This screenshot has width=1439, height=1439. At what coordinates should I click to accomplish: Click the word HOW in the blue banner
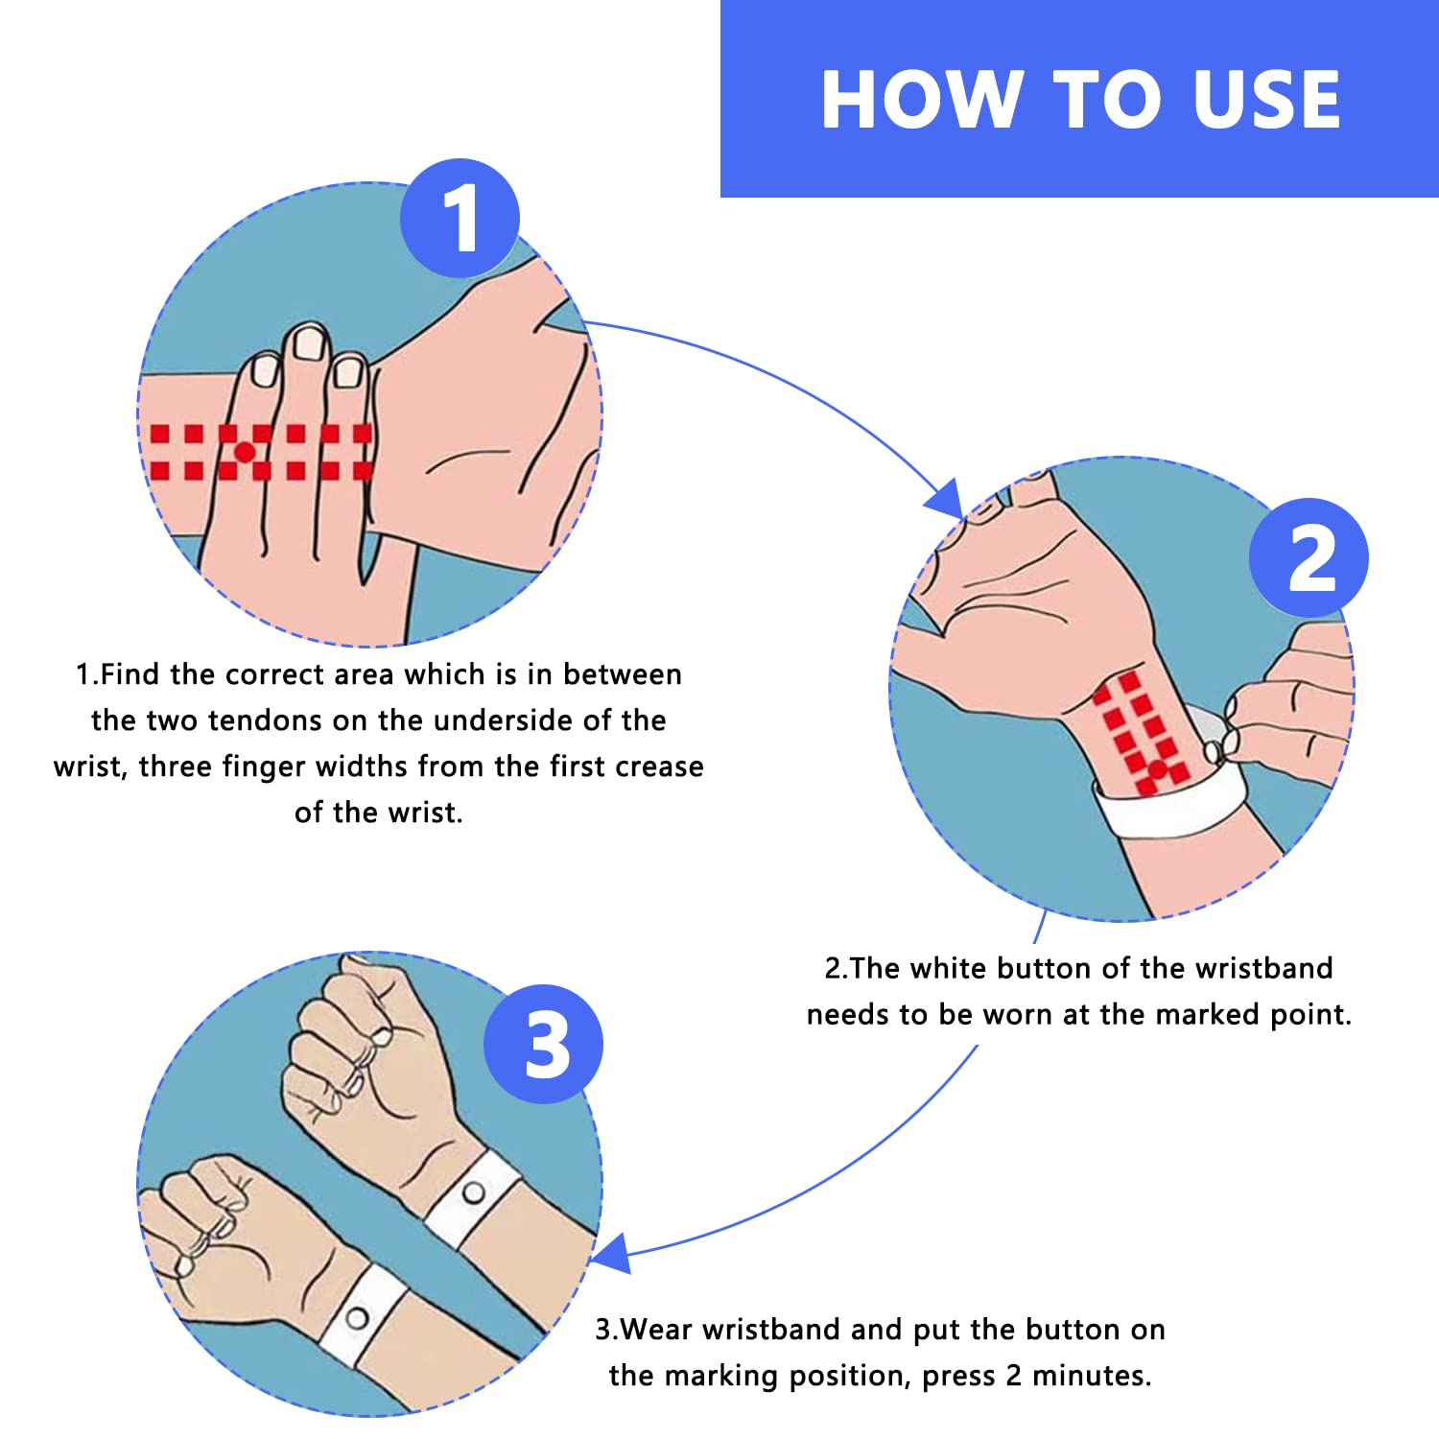(920, 99)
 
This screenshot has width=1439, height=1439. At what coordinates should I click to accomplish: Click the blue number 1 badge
(460, 219)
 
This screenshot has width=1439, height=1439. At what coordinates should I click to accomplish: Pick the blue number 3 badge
(544, 1044)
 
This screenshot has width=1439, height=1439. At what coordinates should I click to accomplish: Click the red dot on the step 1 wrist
(245, 451)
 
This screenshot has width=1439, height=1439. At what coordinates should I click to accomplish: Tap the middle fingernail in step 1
(309, 343)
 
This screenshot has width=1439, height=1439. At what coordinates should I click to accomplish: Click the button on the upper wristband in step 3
(473, 1193)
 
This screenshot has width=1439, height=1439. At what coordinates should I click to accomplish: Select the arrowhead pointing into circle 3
(611, 1253)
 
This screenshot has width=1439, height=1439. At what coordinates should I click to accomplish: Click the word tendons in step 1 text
(286, 720)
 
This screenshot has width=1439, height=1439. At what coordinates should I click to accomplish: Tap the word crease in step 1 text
(659, 767)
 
